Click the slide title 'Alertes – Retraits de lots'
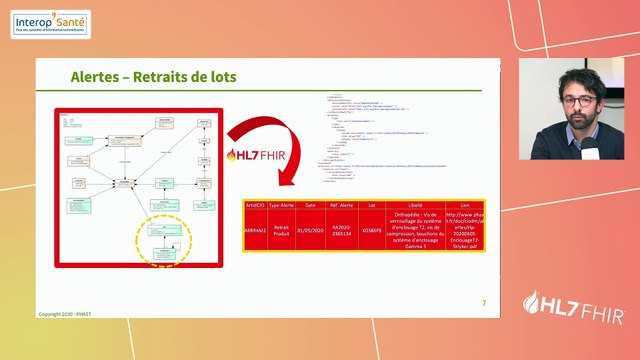point(153,77)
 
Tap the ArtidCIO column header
point(257,204)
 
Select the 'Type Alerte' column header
point(282,204)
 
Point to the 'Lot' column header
point(371,204)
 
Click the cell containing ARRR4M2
point(257,229)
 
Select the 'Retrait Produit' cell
point(282,229)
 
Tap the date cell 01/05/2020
point(310,229)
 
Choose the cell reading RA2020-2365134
point(342,229)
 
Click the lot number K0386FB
point(371,229)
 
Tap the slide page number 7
point(484,303)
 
